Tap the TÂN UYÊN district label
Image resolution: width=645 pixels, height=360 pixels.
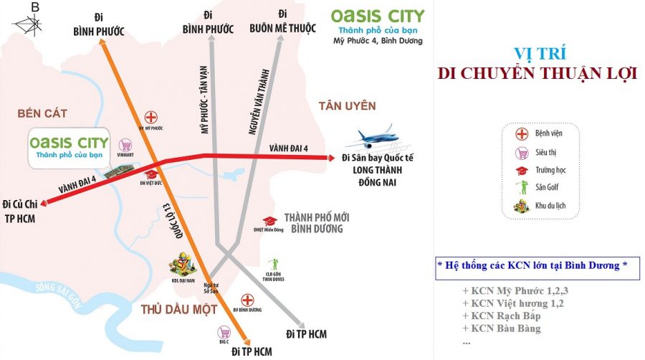(x=347, y=106)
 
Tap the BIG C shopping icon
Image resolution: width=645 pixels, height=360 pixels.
(x=225, y=333)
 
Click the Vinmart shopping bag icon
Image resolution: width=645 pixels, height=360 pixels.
(x=127, y=144)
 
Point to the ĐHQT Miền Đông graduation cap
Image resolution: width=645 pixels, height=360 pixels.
(x=269, y=222)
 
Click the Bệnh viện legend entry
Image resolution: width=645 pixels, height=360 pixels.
(x=551, y=134)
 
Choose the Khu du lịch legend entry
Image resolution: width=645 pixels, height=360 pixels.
(x=555, y=206)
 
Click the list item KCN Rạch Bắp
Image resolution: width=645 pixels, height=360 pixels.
(x=502, y=316)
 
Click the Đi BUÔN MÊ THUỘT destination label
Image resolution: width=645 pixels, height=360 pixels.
(x=282, y=23)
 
